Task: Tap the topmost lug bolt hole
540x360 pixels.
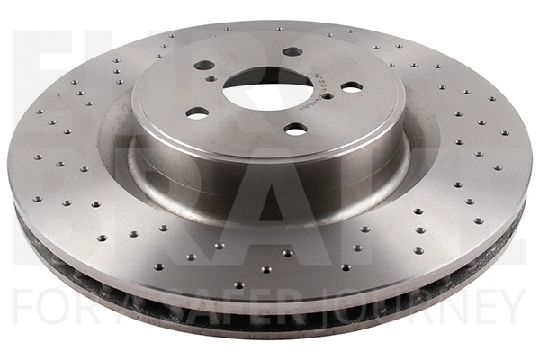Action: (x=292, y=51)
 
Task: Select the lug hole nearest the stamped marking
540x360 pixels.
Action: (x=351, y=87)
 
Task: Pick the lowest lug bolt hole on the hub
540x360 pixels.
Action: (x=295, y=129)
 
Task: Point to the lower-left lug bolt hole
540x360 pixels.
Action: (x=197, y=112)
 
